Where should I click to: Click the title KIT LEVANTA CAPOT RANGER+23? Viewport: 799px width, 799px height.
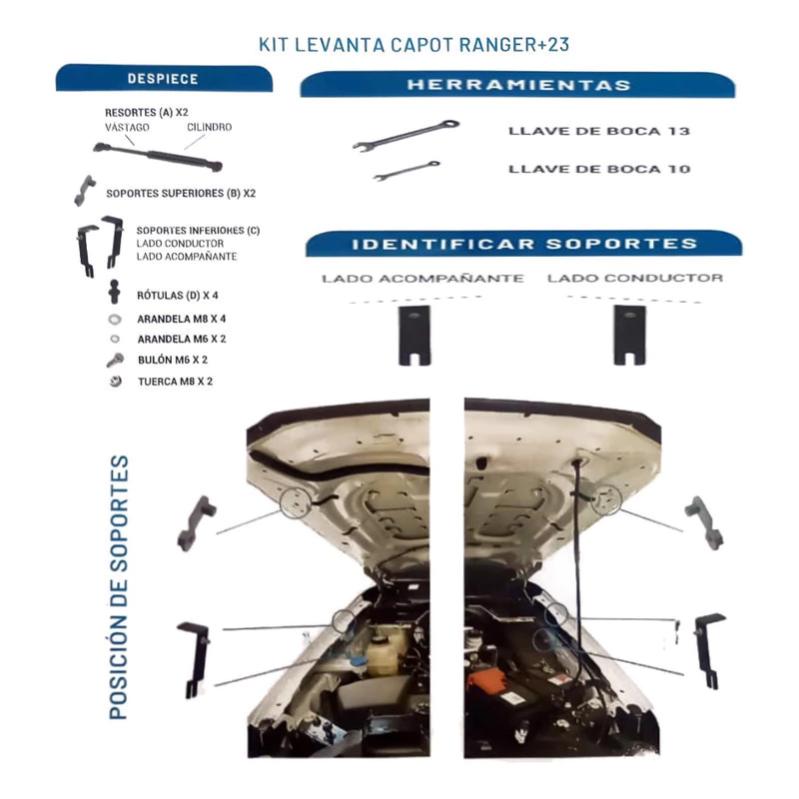tap(413, 45)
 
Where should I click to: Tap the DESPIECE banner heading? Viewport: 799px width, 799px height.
tap(163, 79)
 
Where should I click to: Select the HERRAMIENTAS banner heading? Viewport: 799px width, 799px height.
tap(518, 85)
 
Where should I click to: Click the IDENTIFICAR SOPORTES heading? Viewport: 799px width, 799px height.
tap(524, 244)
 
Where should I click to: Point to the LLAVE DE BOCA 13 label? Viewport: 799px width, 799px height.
tap(599, 131)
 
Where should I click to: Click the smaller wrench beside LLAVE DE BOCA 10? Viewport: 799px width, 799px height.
tap(406, 170)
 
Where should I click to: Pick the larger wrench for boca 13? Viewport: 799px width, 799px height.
tap(406, 135)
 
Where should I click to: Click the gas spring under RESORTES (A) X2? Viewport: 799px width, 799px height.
tap(158, 156)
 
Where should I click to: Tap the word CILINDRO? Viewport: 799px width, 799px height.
tap(210, 127)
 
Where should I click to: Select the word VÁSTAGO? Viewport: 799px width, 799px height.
tap(127, 127)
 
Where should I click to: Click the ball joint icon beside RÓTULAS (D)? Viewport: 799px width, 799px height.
tap(114, 292)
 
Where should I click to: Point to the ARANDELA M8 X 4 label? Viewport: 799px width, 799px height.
tap(182, 319)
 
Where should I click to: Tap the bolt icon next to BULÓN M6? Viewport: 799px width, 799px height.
tap(115, 361)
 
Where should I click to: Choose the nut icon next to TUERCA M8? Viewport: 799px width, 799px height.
tap(116, 382)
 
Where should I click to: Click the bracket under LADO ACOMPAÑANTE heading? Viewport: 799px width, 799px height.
tap(414, 336)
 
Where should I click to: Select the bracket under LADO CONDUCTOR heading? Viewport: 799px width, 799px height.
tap(630, 335)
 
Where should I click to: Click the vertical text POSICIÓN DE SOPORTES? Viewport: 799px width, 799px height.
tap(119, 587)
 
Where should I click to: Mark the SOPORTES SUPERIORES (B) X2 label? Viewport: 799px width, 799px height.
tap(181, 194)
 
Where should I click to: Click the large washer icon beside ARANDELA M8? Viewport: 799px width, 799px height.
tap(115, 320)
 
